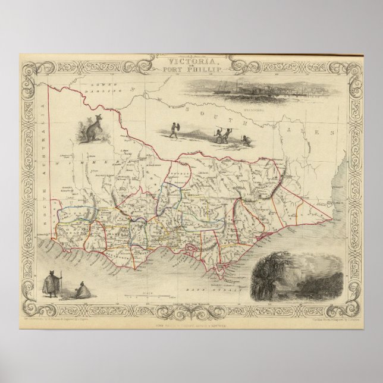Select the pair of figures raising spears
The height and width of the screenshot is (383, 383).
[222, 134]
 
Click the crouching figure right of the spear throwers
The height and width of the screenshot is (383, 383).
[245, 140]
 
